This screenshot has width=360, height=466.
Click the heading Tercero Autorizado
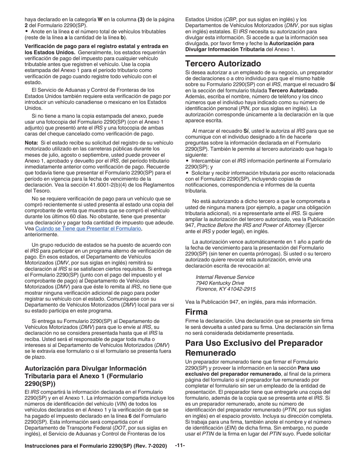pos(223,63)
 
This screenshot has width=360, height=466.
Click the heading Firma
pos(196,312)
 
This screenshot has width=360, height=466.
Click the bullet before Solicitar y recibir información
pos(187,173)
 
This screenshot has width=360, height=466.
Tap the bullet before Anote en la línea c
pos(26,31)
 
